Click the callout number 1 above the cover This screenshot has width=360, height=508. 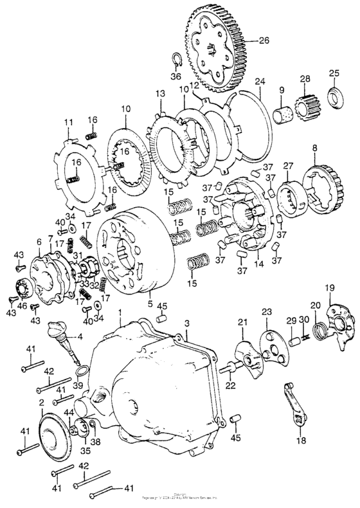point(120,312)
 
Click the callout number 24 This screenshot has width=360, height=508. point(259,82)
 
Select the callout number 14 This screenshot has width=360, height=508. point(258,263)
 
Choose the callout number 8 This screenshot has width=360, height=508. point(314,148)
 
